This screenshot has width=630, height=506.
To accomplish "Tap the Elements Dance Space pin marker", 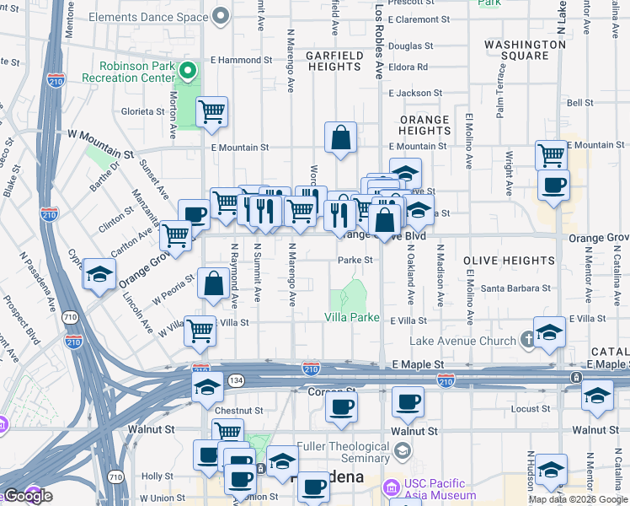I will [x=222, y=16].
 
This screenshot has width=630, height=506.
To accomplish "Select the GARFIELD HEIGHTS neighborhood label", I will [x=334, y=62].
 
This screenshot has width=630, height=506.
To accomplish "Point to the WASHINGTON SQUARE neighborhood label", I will [x=525, y=50].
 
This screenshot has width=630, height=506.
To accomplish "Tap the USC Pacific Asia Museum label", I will [x=438, y=488].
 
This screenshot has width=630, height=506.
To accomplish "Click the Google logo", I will [x=28, y=496].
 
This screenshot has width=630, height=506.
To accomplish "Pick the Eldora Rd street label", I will [x=408, y=67].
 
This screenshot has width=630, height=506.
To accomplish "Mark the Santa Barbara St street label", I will [x=515, y=288].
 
